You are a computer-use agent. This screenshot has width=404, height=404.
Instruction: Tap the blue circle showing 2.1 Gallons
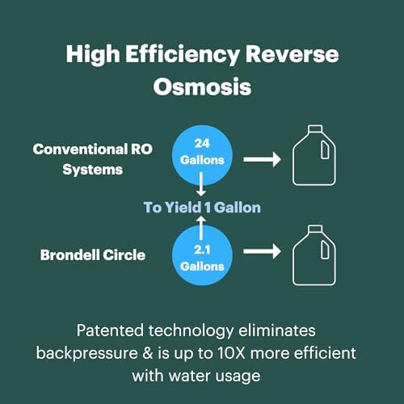click(x=202, y=256)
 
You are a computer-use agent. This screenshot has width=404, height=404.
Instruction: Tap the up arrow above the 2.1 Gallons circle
click(x=203, y=221)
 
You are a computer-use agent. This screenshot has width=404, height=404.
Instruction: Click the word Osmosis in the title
click(x=202, y=86)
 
